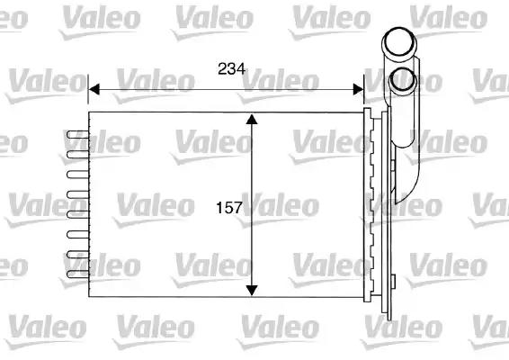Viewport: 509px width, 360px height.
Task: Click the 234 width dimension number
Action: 231,69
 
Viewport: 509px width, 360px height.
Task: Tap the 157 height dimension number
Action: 229,208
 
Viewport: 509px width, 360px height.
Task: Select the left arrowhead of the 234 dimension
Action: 94,89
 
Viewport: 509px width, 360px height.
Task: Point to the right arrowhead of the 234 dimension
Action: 359,89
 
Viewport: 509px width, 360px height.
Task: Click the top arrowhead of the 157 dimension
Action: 252,119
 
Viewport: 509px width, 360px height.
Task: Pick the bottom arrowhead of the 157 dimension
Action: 252,291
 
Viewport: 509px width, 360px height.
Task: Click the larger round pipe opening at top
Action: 399,41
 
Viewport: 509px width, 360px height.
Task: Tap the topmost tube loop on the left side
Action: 77,134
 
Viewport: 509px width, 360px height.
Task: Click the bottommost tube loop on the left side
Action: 77,274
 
